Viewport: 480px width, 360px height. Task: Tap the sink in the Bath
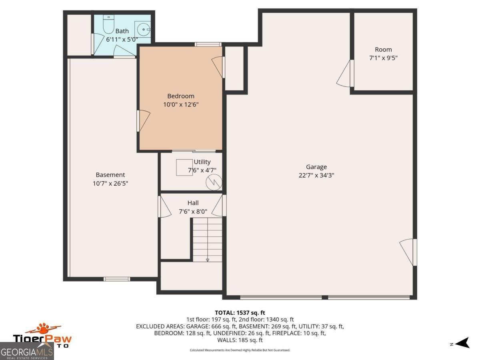[x=142, y=29]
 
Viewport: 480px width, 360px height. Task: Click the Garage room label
[x=316, y=167]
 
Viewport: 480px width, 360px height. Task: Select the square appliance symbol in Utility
[x=185, y=167]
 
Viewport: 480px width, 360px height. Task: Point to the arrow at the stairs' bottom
[x=208, y=260]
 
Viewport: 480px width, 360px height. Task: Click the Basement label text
[x=110, y=175]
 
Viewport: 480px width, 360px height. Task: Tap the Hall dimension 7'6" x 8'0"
[x=193, y=212]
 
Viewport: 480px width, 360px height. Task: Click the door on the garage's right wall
[x=409, y=252]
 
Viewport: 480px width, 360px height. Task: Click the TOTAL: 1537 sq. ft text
[x=240, y=312]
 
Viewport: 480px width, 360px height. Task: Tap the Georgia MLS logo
[x=27, y=352]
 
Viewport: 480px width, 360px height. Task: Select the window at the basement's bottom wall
[x=116, y=279]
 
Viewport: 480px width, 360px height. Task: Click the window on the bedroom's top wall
[x=208, y=44]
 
